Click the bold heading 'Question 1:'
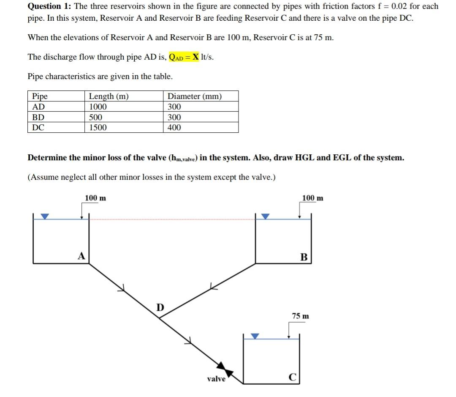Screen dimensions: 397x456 pos(49,6)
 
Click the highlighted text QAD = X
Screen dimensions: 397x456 pos(184,57)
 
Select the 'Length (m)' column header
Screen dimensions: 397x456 pos(109,96)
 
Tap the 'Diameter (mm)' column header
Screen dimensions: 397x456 pos(194,96)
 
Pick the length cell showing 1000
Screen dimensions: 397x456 pos(98,107)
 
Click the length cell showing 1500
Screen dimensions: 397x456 pos(98,128)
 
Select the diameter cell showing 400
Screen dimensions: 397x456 pos(174,128)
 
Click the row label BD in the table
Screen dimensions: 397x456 pos(38,118)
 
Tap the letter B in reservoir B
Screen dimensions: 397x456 pos(303,257)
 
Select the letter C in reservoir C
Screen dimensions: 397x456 pos(291,377)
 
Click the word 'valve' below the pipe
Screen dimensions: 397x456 pos(216,379)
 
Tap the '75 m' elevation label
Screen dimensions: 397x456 pos(301,316)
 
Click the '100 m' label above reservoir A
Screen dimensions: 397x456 pos(96,198)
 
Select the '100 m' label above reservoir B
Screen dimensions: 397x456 pos(313,198)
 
